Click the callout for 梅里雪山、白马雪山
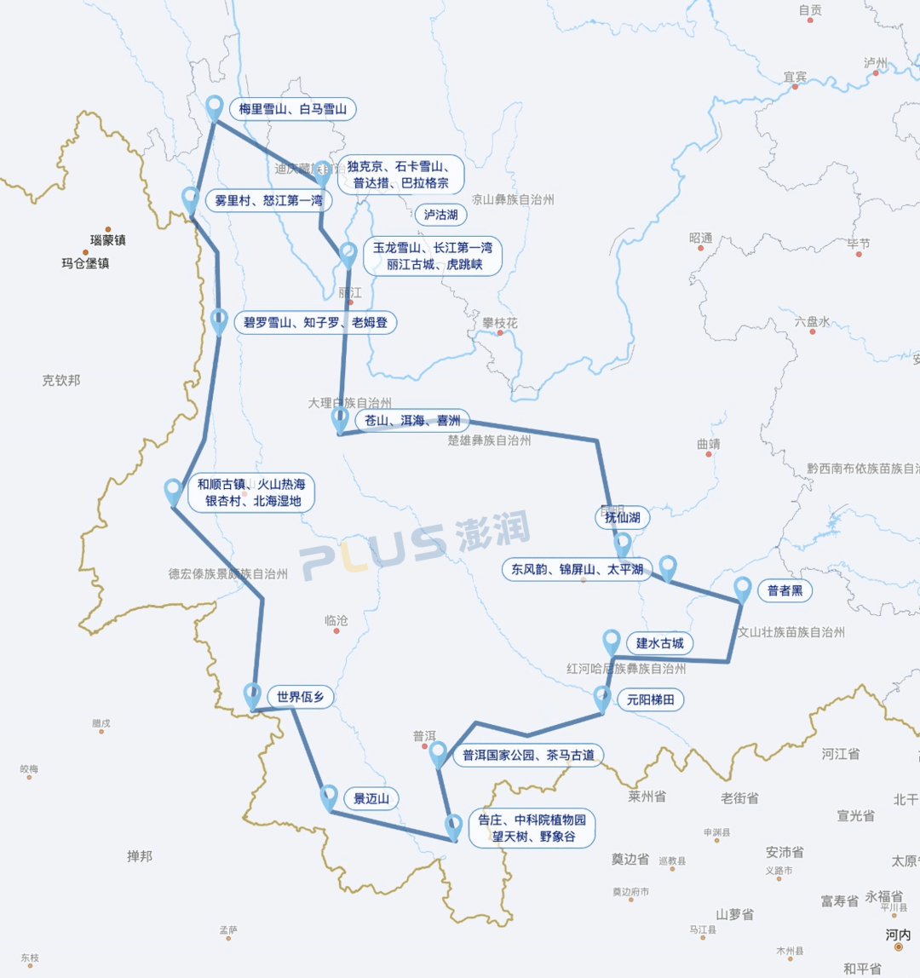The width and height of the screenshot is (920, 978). click(292, 109)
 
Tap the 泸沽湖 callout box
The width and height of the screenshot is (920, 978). click(440, 215)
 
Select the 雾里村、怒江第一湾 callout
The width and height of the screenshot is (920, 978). click(268, 201)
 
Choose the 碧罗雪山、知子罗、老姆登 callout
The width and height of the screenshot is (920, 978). click(314, 323)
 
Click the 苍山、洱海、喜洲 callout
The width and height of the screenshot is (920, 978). click(412, 421)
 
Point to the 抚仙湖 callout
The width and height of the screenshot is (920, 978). click(622, 517)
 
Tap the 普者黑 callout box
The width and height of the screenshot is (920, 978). click(785, 591)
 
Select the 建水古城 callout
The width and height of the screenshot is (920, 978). click(659, 642)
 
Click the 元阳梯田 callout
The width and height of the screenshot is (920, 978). click(650, 700)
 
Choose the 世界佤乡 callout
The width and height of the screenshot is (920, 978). click(300, 697)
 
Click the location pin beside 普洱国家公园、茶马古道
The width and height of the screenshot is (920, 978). click(438, 752)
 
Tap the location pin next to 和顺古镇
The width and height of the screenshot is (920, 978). click(174, 492)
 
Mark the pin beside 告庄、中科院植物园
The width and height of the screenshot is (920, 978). click(455, 826)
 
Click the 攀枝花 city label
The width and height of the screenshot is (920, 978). click(500, 323)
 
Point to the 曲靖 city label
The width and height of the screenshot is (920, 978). click(708, 444)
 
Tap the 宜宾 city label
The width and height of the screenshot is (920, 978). click(795, 77)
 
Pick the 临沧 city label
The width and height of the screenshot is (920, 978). click(336, 621)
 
